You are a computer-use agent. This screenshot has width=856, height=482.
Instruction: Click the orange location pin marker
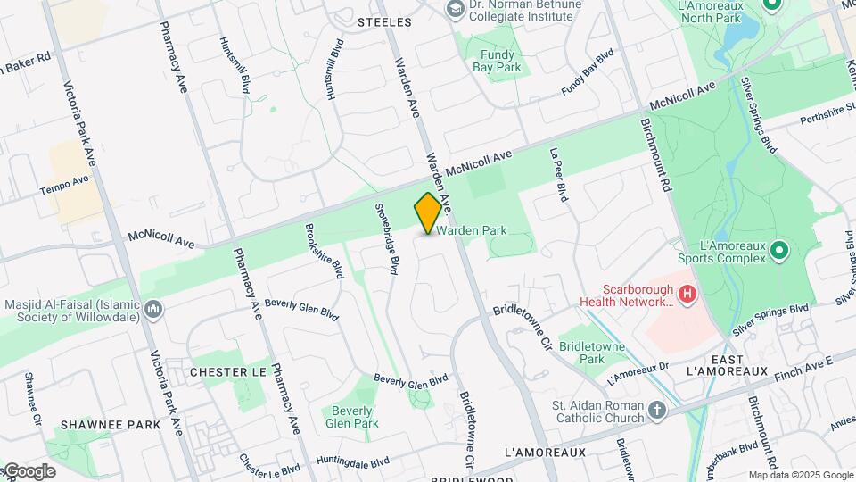pyautogui.click(x=428, y=213)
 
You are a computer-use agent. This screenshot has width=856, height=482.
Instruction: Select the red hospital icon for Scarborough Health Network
pyautogui.click(x=687, y=293)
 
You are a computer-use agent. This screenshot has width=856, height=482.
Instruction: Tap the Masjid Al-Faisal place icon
pyautogui.click(x=153, y=309)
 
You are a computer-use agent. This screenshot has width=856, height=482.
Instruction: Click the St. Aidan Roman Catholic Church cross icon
pyautogui.click(x=657, y=411)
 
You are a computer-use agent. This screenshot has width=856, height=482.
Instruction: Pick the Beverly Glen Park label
pyautogui.click(x=352, y=417)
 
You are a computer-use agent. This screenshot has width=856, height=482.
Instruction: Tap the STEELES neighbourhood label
pyautogui.click(x=384, y=21)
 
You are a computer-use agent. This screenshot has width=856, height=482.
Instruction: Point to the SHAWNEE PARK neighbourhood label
pyautogui.click(x=111, y=425)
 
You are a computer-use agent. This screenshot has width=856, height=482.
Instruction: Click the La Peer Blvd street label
pyautogui.click(x=559, y=176)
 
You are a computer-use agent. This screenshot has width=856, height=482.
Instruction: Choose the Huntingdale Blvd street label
pyautogui.click(x=353, y=462)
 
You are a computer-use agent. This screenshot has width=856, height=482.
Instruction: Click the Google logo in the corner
pyautogui.click(x=29, y=471)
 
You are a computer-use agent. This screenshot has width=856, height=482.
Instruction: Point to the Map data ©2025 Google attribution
pyautogui.click(x=801, y=475)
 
